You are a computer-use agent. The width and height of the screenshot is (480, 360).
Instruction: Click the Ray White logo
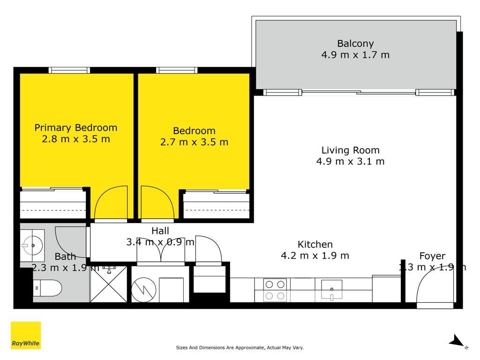tap(26, 335)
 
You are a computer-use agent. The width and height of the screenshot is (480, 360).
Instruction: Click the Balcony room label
tap(355, 44)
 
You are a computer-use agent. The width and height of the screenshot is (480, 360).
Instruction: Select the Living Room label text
tap(351, 150)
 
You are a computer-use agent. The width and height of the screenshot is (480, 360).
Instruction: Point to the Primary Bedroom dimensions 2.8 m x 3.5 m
tap(76, 139)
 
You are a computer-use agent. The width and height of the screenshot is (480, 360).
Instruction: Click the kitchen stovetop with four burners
tap(275, 290)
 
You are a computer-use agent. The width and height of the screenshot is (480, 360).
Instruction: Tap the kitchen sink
tap(331, 290)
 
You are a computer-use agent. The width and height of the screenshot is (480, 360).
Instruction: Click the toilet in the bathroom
tap(47, 288)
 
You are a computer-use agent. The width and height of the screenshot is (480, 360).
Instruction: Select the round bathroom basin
tap(32, 245)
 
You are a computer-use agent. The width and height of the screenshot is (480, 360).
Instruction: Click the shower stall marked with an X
tap(109, 284)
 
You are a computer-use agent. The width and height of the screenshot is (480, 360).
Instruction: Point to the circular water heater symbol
tap(143, 290)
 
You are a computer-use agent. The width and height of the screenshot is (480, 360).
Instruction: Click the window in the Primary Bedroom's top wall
tap(69, 70)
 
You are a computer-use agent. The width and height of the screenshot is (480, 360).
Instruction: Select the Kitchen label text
tap(315, 244)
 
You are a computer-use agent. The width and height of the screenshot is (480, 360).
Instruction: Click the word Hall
tap(160, 231)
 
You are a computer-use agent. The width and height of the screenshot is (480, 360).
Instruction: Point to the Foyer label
tap(432, 256)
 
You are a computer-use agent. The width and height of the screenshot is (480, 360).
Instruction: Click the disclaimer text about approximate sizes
tap(240, 347)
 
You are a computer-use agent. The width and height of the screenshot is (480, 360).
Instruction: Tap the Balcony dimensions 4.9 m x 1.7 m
tap(355, 55)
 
